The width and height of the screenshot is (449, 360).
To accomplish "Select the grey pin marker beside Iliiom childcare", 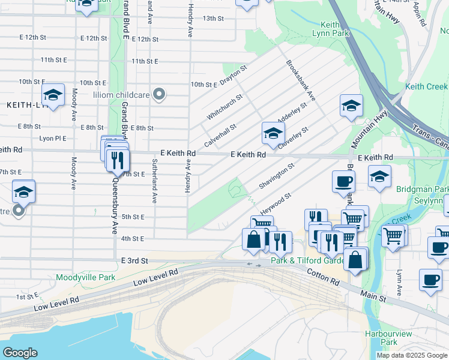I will tap(159, 94).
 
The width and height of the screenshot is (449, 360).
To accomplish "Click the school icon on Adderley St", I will tap(273, 133).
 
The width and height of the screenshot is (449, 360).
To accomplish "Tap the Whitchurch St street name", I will tap(224, 106).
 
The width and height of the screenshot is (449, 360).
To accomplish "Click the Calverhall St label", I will tap(220, 136).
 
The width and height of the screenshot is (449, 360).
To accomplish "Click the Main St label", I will tap(373, 293).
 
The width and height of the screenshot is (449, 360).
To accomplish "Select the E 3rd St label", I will tap(134, 261).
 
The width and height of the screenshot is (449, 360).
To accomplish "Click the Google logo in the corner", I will tap(20, 353).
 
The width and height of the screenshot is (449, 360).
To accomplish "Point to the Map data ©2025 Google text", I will tap(411, 355).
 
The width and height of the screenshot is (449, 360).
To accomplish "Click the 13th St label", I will tap(213, 18).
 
